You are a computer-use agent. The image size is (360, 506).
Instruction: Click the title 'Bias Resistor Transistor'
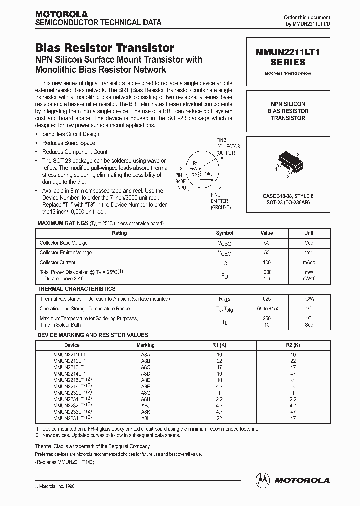point(105,48)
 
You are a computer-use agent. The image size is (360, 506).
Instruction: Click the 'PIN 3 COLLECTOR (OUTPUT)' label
point(228,146)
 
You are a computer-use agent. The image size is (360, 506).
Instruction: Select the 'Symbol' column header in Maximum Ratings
point(224,233)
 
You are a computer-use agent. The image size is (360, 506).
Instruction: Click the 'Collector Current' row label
point(58,262)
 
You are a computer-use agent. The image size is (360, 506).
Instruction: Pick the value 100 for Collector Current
point(267,262)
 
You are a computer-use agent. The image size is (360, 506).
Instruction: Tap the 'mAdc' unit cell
point(309,262)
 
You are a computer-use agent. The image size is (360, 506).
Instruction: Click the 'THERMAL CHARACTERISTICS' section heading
point(77,289)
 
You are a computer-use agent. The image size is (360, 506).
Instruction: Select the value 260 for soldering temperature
point(267,318)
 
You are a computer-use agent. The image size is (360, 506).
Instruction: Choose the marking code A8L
point(145,418)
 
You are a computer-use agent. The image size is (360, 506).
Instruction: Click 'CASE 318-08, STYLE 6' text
point(288,196)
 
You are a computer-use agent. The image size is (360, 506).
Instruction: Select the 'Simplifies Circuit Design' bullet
point(70,134)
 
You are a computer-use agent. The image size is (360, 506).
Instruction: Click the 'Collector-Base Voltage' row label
point(64,243)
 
